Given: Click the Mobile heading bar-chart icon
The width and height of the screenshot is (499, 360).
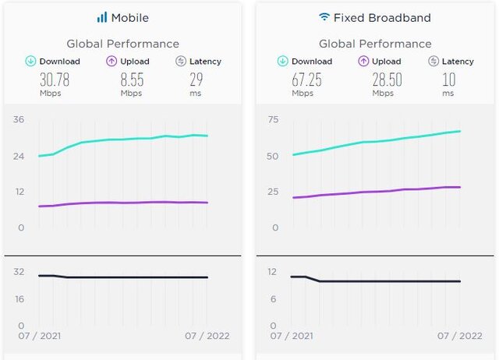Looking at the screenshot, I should [101, 17].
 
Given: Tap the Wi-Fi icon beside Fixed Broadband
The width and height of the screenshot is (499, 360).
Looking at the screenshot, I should [324, 16].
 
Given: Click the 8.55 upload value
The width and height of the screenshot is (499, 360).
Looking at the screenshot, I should [131, 79].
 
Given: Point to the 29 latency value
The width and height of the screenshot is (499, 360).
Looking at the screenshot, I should [196, 79].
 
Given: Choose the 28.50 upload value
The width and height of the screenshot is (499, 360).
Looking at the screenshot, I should [383, 79].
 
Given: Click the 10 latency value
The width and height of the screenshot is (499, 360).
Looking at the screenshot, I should [448, 79].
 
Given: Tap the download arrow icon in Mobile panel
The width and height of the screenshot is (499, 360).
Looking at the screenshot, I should [30, 61].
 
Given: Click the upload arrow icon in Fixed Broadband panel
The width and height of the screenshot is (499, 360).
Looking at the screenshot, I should [363, 61].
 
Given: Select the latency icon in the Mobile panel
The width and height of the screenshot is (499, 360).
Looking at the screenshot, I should [182, 61].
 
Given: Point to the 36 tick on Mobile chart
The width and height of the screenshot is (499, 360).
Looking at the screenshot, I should [19, 119].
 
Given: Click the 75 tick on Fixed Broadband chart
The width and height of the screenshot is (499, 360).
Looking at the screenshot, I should [272, 119].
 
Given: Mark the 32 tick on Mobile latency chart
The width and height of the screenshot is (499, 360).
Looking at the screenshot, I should [19, 271].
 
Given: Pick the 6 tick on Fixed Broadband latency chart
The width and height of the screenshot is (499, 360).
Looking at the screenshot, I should [272, 299].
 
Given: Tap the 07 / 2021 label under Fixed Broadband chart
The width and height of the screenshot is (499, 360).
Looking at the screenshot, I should [292, 336].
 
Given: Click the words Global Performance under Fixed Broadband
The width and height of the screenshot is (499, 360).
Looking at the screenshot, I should [375, 44].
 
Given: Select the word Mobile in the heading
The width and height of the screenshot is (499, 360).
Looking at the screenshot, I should [129, 17].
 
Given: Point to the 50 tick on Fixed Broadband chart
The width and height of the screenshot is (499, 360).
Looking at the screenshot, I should [272, 156].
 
